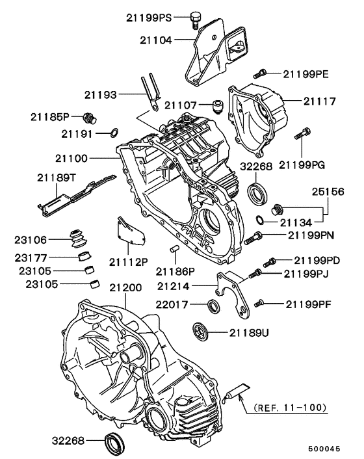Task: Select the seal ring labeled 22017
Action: [213, 306]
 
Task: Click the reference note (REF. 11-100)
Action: [291, 408]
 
